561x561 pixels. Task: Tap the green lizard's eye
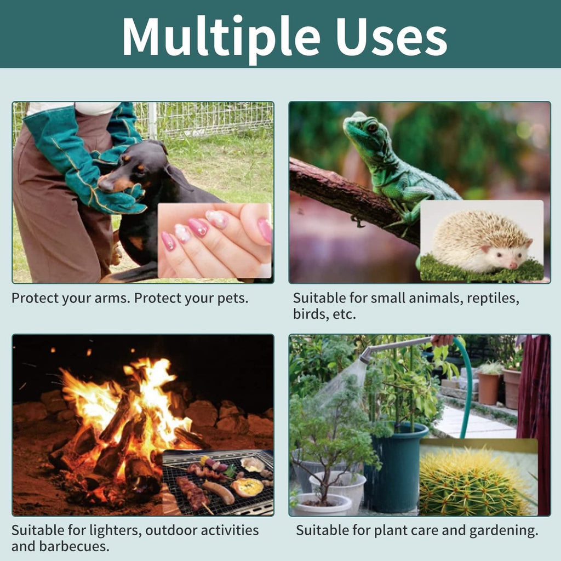coord(372,127)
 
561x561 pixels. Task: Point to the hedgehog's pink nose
coord(513,265)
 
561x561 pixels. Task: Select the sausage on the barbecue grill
coord(218,493)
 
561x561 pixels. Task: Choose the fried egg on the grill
coord(248,487)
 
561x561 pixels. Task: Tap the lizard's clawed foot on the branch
coord(358,221)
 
